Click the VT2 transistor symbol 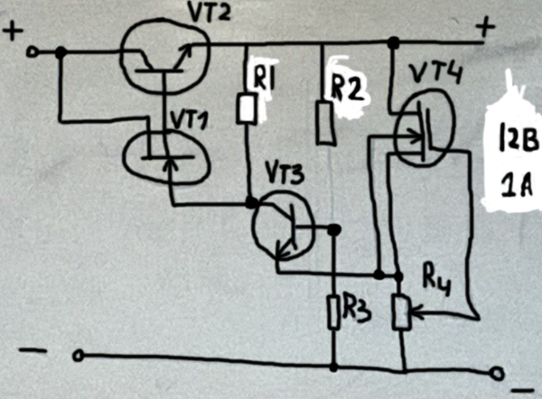point(163,57)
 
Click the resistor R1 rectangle point(246,110)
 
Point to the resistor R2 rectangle point(325,123)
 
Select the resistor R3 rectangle point(333,311)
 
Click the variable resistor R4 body point(401,311)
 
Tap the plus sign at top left point(15,32)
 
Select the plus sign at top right point(486,29)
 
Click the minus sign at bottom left point(30,349)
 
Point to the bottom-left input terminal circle point(79,357)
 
